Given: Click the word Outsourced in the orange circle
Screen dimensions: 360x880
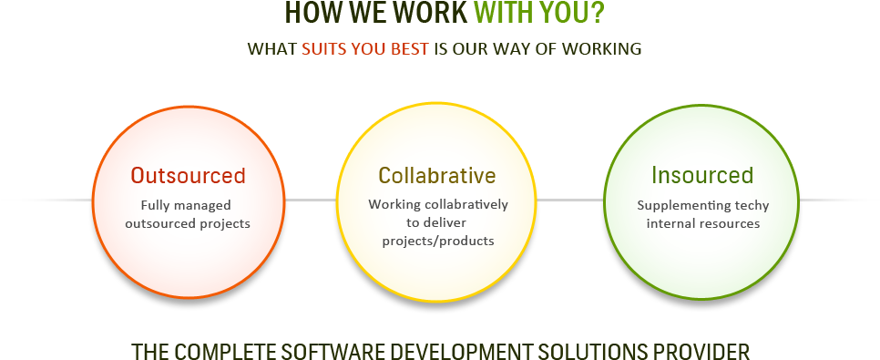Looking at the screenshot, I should tap(188, 175).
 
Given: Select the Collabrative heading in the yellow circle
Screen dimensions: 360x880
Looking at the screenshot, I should tap(437, 175).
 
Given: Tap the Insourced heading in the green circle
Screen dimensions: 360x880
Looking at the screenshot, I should tap(701, 175).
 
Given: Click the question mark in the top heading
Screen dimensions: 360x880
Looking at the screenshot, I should tap(598, 14).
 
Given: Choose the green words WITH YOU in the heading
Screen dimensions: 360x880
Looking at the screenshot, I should tap(531, 14).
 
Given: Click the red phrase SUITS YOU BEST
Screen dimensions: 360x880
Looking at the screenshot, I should tap(364, 49).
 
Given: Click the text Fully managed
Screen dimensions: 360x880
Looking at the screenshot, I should tap(186, 205).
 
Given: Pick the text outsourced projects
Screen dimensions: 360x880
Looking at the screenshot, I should tap(188, 222).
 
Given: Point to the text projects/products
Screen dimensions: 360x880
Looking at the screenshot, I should tap(437, 241).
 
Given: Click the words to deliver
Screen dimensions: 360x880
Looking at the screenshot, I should tap(437, 222).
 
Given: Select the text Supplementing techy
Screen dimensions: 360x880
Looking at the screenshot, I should tap(702, 205).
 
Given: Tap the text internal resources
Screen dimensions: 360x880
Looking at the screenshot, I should tap(702, 222).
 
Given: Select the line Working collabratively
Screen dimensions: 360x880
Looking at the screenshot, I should tap(438, 204).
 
